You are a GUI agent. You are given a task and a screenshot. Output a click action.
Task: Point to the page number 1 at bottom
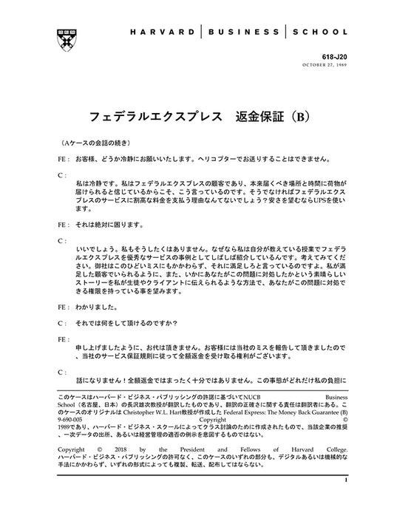344,481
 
